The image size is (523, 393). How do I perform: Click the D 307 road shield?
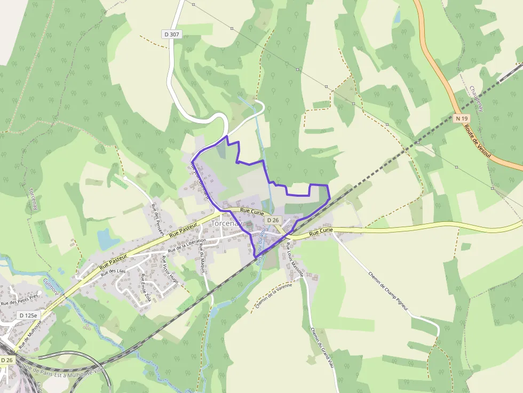tap(172, 34)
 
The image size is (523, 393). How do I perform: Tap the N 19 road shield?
tap(462, 118)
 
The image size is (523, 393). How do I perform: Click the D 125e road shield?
tap(28, 315)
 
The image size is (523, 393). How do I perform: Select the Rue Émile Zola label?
tap(146, 288)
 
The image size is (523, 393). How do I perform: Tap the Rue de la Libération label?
tap(187, 246)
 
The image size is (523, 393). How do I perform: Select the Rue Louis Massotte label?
tap(295, 260)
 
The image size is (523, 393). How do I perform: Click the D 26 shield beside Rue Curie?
tap(273, 220)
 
